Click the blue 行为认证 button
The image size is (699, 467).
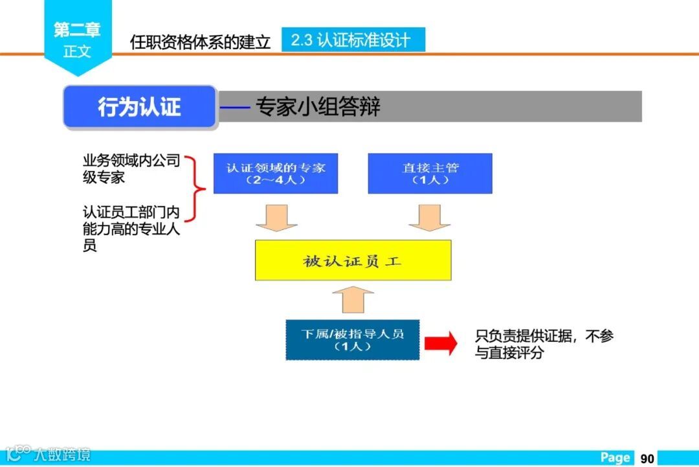click(139, 107)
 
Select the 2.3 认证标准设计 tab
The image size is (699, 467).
click(353, 40)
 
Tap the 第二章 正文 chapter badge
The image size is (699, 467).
click(77, 40)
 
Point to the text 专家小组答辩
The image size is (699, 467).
click(318, 107)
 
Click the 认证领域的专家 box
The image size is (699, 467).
click(276, 174)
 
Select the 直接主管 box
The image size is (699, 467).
click(430, 174)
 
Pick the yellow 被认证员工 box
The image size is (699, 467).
click(353, 260)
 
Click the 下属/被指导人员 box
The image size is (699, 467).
click(353, 339)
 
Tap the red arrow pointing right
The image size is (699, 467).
click(441, 343)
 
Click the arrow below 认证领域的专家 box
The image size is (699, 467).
click(276, 217)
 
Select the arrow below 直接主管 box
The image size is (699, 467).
click(430, 217)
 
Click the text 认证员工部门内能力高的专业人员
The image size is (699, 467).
click(131, 228)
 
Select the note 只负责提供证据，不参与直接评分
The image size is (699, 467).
click(544, 344)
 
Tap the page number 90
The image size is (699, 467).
click(647, 458)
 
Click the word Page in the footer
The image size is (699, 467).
click(615, 458)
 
